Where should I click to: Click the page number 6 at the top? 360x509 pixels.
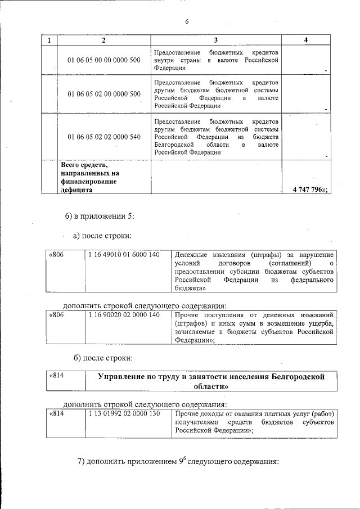tap(187, 22)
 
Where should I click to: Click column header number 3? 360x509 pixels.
tap(215, 40)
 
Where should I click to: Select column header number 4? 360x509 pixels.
tap(305, 40)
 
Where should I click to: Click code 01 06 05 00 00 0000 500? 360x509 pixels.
tap(104, 60)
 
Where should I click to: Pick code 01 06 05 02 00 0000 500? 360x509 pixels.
tap(104, 94)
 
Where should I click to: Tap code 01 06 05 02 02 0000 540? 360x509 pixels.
tap(104, 137)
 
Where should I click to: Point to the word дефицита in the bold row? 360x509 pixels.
tap(77, 190)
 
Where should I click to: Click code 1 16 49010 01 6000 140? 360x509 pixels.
tap(124, 255)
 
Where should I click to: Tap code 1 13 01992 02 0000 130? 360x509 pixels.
tap(124, 414)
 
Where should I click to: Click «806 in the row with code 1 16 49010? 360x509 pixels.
tap(57, 255)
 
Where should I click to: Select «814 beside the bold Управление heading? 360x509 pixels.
tap(57, 375)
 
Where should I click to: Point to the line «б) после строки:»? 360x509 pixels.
tap(103, 358)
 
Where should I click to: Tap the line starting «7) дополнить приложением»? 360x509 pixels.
tap(178, 461)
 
